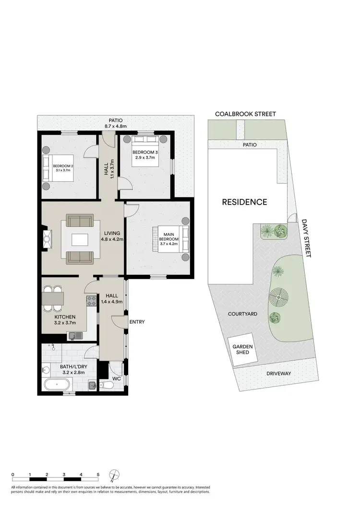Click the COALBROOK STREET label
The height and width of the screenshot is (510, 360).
pos(245,114)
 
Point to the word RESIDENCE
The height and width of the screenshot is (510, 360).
pos(244,202)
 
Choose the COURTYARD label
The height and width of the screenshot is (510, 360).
pos(242,314)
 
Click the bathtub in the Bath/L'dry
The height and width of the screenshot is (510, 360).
pos(57,385)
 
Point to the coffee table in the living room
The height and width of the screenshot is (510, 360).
pos(80,239)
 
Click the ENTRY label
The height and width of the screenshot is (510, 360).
pos(137,322)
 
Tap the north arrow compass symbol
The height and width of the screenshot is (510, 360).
pos(114,475)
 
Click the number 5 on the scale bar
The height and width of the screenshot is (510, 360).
pos(98,474)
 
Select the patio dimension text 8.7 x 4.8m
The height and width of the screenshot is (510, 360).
pos(115,126)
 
